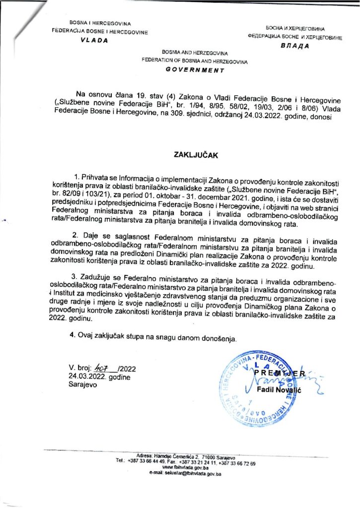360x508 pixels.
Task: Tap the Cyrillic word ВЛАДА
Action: point(295,45)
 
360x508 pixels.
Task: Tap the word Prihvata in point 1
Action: point(97,177)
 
